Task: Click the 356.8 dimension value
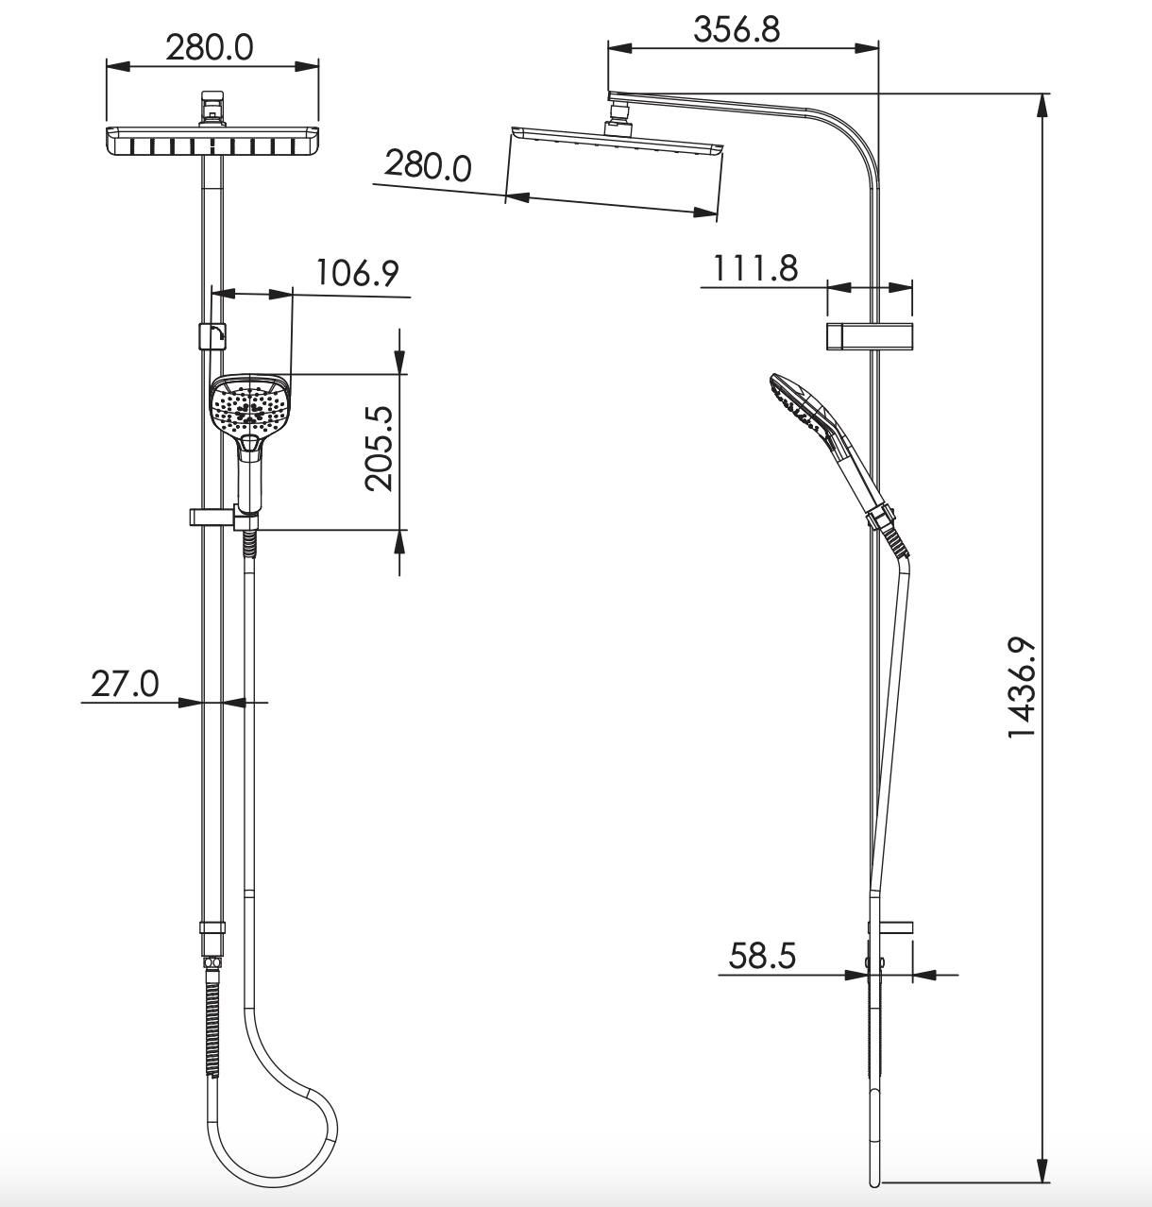737,29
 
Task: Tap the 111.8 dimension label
754,269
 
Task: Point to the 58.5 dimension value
762,957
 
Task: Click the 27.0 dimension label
125,683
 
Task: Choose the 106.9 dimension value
357,273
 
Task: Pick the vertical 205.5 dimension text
379,449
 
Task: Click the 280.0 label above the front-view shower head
210,47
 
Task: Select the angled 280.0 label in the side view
427,166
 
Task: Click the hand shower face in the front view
247,406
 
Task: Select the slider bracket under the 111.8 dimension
870,337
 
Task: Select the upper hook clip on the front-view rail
212,336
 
